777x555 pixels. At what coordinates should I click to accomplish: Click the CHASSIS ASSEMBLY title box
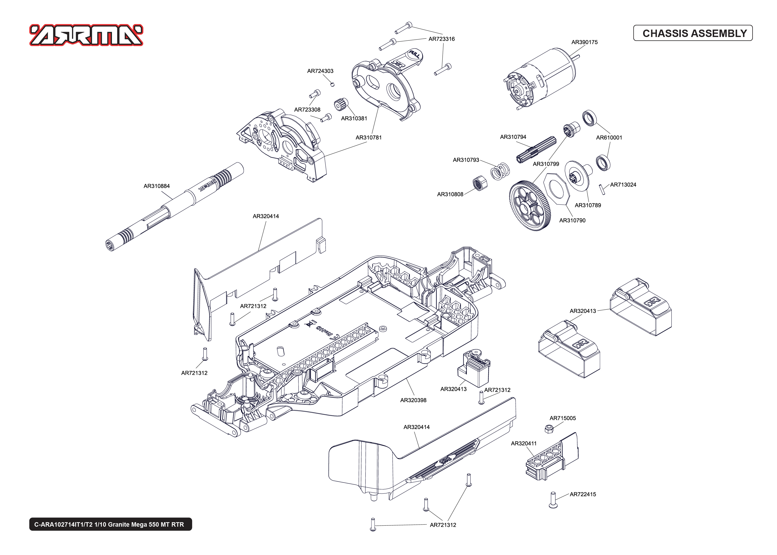[x=693, y=33]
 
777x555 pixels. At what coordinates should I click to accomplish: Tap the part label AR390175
[x=584, y=42]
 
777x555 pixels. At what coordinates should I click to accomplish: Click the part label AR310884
[x=157, y=186]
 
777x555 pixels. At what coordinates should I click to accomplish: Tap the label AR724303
[x=320, y=71]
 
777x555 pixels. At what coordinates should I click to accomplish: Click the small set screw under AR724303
[x=332, y=84]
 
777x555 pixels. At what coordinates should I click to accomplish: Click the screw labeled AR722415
[x=553, y=500]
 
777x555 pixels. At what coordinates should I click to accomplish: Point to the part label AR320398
[x=413, y=400]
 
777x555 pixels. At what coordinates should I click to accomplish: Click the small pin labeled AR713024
[x=603, y=189]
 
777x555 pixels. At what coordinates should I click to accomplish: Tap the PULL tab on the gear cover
[x=415, y=54]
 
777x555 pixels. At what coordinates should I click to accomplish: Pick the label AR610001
[x=609, y=137]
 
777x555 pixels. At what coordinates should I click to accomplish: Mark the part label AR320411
[x=524, y=443]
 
